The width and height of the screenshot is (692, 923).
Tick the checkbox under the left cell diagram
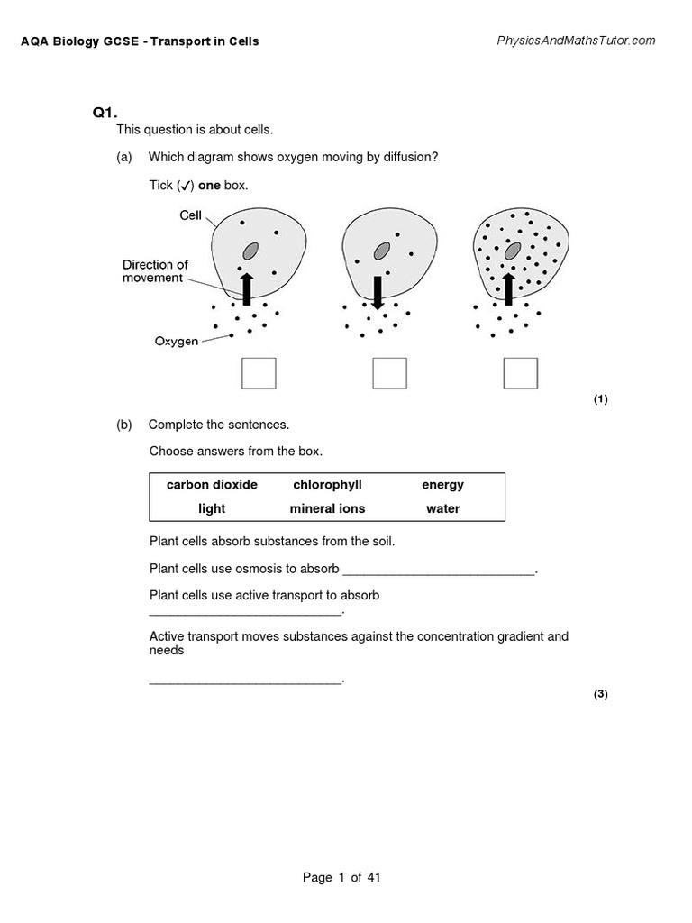tap(259, 373)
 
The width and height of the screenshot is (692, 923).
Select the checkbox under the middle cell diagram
tap(389, 373)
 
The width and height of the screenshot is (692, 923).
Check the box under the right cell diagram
tap(520, 373)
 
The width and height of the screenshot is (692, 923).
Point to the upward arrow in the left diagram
tap(247, 288)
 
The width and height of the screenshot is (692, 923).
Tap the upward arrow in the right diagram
tap(508, 288)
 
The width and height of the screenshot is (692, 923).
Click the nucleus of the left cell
tap(250, 250)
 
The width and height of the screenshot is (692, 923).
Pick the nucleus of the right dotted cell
tap(513, 250)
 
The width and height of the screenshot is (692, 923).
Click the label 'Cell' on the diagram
tap(190, 216)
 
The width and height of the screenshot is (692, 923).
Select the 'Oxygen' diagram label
tap(177, 342)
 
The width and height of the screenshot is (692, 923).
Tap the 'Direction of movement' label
tap(155, 271)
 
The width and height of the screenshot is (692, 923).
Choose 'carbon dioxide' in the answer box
tap(212, 485)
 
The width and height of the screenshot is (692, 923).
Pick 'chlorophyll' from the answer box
tap(327, 485)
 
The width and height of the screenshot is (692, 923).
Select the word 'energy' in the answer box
tap(442, 485)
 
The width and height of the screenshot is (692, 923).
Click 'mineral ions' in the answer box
tap(327, 508)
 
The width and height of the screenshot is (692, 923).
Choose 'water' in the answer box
tap(442, 508)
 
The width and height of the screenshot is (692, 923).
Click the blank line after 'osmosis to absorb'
tap(439, 570)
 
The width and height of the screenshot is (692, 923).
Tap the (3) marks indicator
tap(601, 694)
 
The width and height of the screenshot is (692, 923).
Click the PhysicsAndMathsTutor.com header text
tap(576, 41)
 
